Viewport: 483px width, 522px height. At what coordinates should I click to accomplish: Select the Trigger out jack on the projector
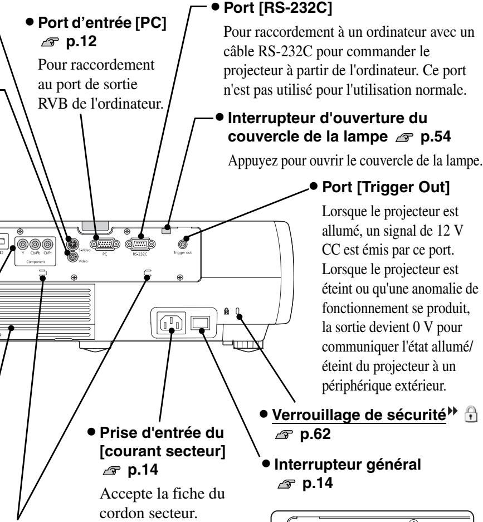(x=182, y=243)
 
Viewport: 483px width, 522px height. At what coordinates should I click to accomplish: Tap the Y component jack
(x=24, y=243)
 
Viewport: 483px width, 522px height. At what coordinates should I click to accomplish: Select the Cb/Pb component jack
(x=36, y=243)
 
